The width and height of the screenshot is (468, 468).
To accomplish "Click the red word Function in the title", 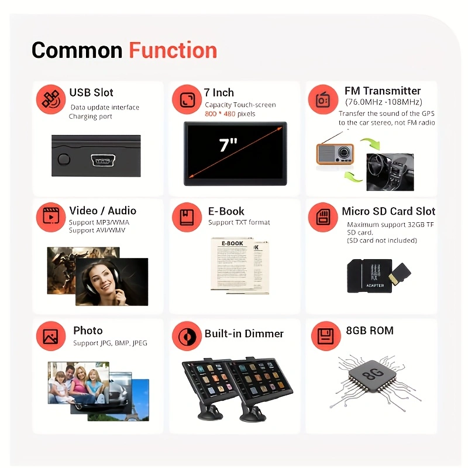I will click(173, 50).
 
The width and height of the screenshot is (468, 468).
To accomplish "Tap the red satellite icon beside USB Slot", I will click(50, 99).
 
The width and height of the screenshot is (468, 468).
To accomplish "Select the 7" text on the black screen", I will click(228, 145).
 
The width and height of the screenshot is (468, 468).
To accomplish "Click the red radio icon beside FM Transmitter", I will click(322, 99).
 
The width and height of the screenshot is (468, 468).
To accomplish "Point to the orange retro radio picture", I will click(335, 153).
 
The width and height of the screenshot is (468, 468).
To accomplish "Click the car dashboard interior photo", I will click(390, 171).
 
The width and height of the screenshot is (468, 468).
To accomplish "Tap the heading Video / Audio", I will click(102, 211).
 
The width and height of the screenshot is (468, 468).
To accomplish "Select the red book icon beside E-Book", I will click(187, 217).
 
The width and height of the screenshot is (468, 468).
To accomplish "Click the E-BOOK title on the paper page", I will click(232, 243).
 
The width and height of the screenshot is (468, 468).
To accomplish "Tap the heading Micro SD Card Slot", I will click(388, 211).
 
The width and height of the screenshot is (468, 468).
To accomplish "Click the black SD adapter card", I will click(369, 276).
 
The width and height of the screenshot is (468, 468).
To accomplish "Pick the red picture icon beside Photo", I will click(50, 337).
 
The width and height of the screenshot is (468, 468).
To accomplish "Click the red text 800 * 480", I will click(220, 113).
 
